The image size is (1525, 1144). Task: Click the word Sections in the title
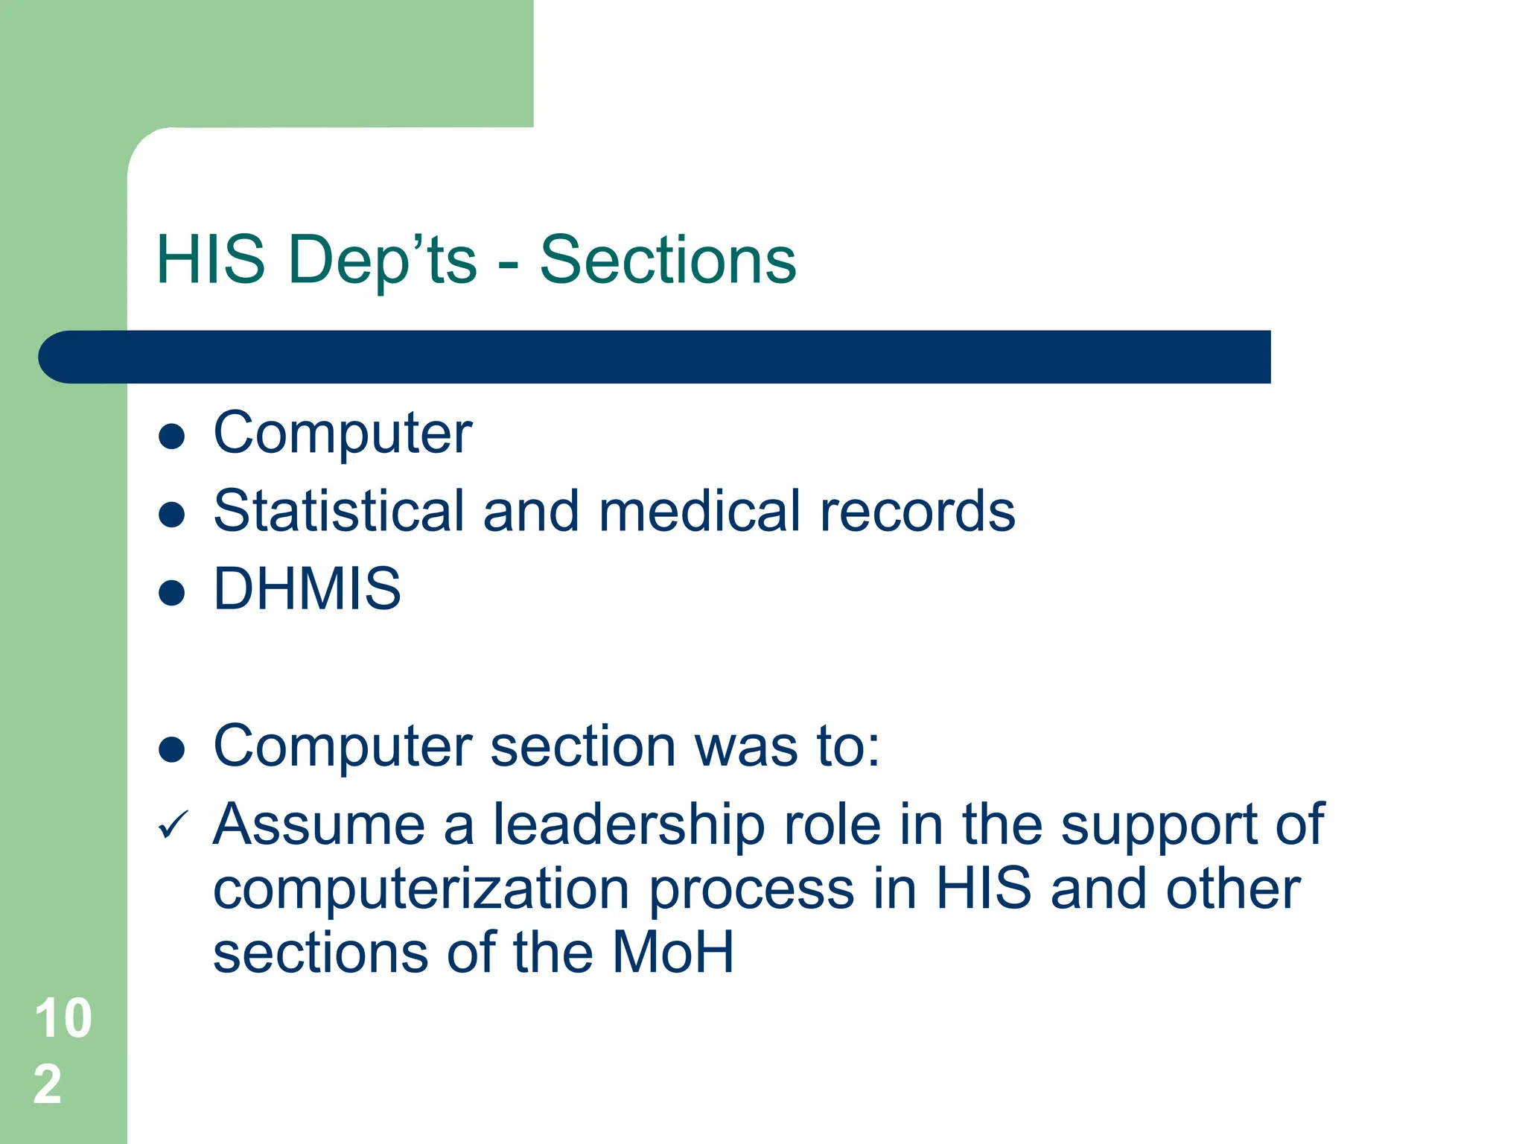click(x=667, y=260)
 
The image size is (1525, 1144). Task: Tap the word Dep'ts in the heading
click(x=382, y=260)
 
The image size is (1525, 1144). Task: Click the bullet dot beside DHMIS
click(x=171, y=593)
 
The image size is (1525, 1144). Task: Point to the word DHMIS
click(x=307, y=588)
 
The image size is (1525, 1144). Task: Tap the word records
click(x=917, y=511)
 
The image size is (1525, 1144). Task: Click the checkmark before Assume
click(x=173, y=825)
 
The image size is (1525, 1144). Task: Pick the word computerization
click(x=421, y=890)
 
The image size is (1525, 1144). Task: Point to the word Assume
click(x=319, y=825)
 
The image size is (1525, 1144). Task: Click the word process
click(x=751, y=892)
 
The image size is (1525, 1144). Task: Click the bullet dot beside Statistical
click(x=171, y=515)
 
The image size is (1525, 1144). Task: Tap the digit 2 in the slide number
click(x=48, y=1084)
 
